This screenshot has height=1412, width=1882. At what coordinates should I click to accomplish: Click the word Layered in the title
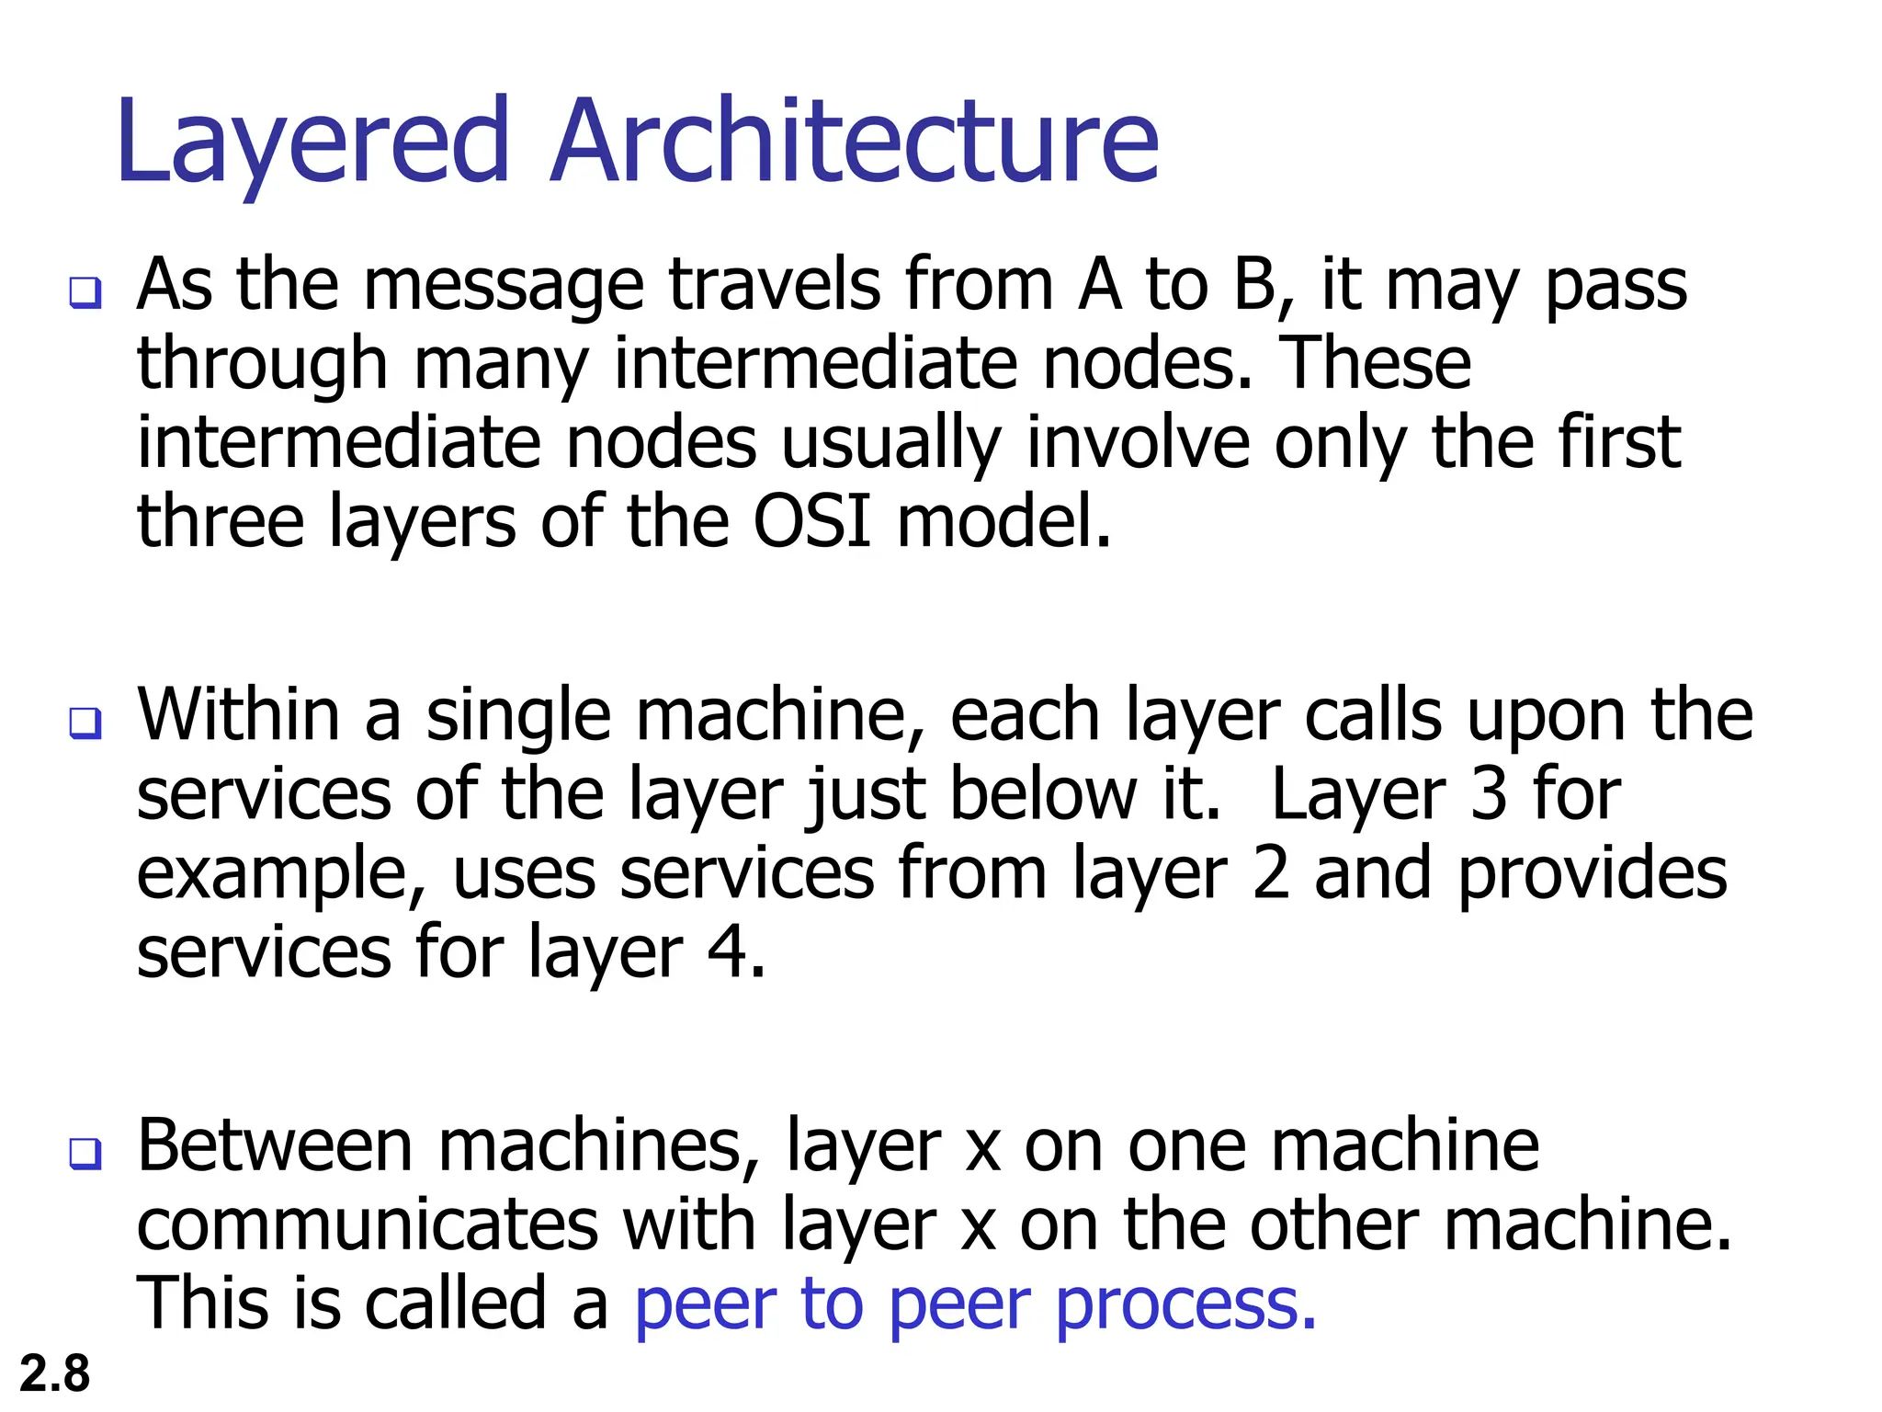click(312, 142)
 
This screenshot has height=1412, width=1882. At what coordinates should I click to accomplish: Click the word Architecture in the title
click(855, 142)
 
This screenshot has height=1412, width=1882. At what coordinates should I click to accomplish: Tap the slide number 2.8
click(54, 1373)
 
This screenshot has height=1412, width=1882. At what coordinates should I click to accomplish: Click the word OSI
click(811, 521)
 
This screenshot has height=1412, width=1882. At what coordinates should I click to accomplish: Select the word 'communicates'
click(368, 1224)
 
